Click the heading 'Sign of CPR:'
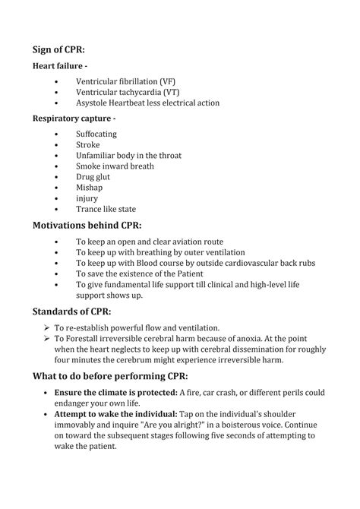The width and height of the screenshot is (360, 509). pos(64,50)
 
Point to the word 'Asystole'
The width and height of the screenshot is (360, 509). pos(93,103)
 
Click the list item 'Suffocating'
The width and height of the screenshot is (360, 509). pos(96,134)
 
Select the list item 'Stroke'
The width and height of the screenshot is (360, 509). pos(87,144)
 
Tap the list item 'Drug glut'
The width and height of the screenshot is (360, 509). pos(93,176)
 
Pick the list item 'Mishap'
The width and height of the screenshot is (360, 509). pos(89,187)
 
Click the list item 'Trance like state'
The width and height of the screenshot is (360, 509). pos(106,208)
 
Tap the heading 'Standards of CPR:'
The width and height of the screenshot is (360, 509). pos(72,311)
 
